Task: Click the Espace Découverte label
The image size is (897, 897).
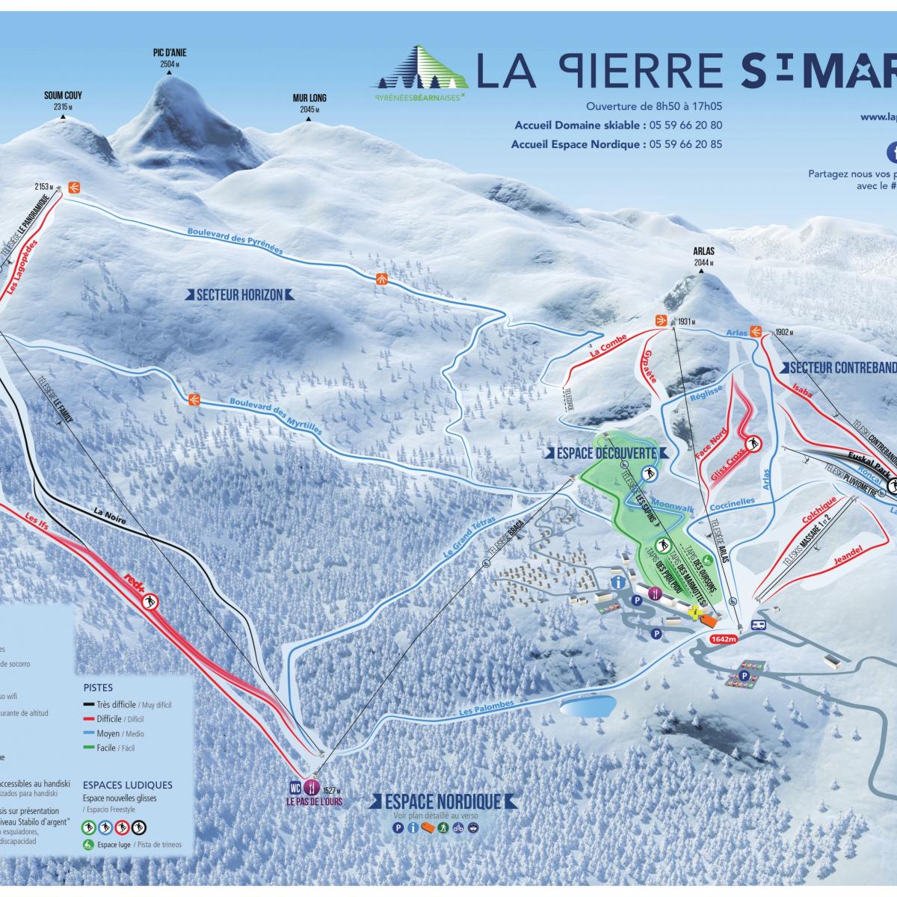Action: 605,453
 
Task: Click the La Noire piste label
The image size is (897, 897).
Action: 109,513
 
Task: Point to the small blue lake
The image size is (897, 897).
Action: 588,706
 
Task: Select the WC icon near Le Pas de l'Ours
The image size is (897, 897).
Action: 295,787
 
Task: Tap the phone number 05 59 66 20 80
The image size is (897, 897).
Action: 686,125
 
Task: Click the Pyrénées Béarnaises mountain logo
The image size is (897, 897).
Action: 422,70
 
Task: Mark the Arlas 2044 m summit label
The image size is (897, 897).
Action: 702,257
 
